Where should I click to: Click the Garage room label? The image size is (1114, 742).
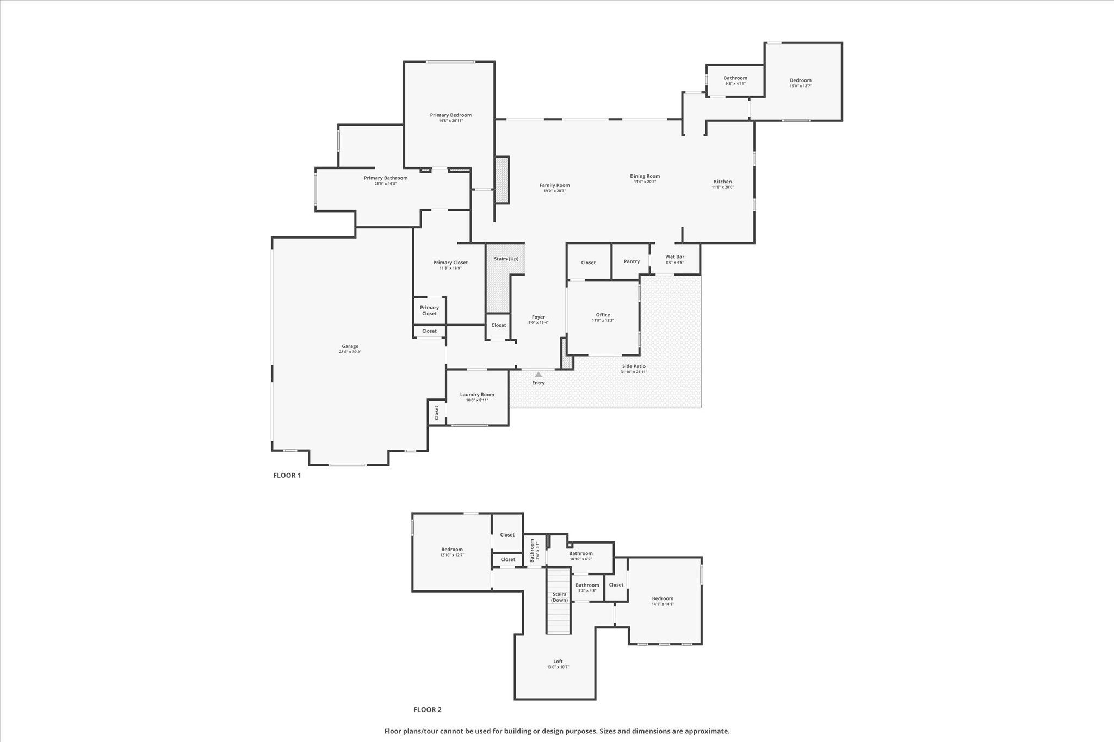[x=350, y=346]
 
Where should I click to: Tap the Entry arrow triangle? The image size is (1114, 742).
[x=538, y=375]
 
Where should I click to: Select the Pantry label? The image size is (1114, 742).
[x=632, y=261]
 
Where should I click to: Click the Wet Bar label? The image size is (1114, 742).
[x=674, y=257]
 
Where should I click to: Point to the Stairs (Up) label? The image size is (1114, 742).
[x=506, y=259]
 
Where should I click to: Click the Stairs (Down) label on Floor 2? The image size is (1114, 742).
[x=559, y=597]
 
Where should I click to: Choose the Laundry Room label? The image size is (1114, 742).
[x=477, y=395]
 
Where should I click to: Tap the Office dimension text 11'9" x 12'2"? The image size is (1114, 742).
[x=603, y=321]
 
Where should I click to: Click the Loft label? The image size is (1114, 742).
[x=558, y=662]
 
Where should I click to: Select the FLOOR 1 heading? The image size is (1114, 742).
[x=287, y=475]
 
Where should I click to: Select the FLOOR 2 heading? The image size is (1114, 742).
[x=427, y=709]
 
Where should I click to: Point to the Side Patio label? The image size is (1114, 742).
[x=634, y=366]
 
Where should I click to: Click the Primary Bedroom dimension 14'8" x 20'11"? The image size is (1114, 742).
[x=450, y=121]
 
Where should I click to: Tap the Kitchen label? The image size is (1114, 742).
[x=722, y=182]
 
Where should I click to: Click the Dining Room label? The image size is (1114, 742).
[x=645, y=176]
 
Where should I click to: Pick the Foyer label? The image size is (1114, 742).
[x=538, y=317]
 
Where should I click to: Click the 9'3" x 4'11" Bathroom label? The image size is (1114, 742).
[x=735, y=78]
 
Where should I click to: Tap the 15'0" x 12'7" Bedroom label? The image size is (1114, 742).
[x=800, y=80]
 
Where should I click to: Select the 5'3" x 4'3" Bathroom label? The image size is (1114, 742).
[x=587, y=585]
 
